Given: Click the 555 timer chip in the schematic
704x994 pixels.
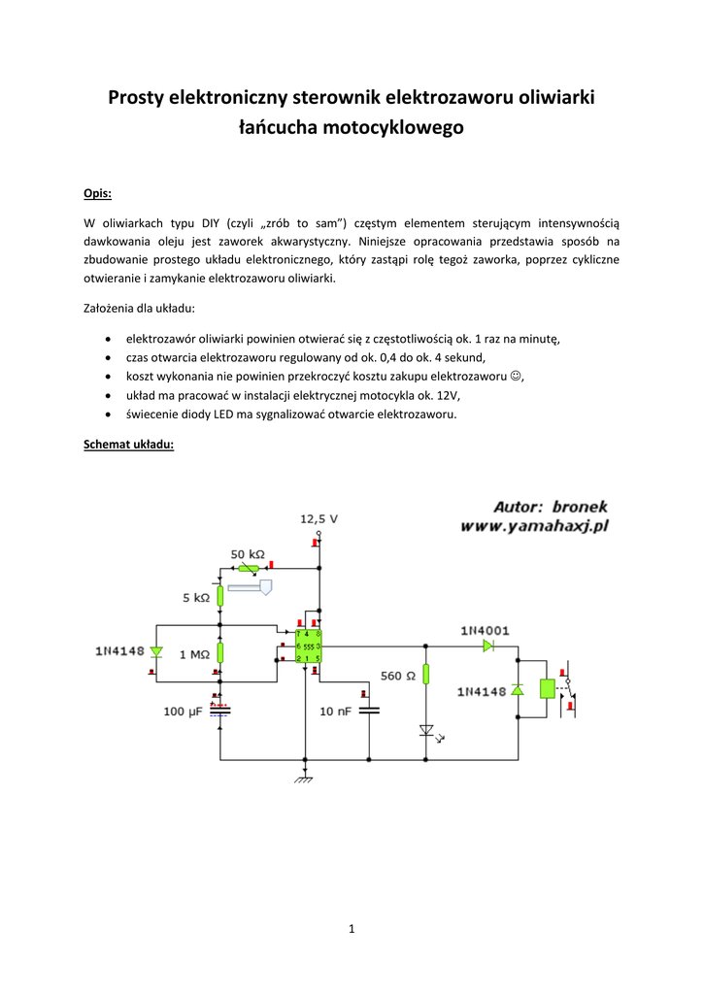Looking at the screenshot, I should [309, 646].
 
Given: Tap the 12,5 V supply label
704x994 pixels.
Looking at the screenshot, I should [318, 519].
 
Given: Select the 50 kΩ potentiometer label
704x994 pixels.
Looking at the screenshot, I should [247, 554].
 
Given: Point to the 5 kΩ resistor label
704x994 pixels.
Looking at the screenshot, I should [195, 598].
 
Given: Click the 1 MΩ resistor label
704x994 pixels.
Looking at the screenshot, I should [194, 654].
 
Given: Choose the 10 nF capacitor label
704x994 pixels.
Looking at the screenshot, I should [336, 712].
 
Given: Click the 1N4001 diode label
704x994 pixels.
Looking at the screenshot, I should [485, 630].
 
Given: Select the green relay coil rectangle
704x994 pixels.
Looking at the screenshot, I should [547, 688].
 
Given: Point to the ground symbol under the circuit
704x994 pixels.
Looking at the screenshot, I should [304, 777].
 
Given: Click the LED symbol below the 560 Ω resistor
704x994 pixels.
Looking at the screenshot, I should [425, 730].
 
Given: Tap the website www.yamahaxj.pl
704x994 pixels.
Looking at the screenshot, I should [534, 526].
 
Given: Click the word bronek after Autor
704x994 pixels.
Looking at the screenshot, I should [579, 506].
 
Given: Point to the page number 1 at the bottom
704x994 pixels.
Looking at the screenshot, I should [352, 929].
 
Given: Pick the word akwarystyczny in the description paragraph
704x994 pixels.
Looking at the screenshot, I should [296, 241].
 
